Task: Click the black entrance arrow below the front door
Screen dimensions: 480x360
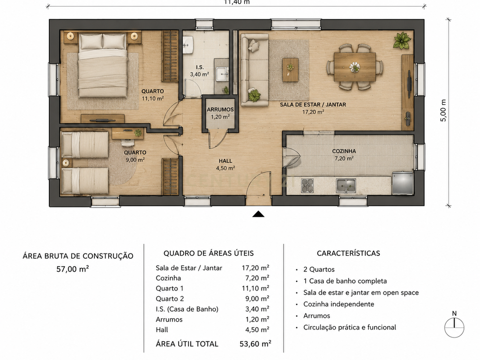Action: pos(258,214)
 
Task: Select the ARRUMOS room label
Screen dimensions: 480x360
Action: pos(220,110)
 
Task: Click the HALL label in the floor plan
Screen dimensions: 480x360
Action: pos(225,161)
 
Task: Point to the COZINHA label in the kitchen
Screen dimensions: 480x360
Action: pos(344,151)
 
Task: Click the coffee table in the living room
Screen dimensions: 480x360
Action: pos(290,70)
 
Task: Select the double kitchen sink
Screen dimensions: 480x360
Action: pos(345,186)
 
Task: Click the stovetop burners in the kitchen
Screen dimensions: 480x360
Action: pos(307,186)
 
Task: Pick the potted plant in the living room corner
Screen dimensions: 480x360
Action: pos(402,40)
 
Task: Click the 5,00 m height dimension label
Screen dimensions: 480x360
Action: pos(443,111)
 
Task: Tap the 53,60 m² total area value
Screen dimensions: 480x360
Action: pos(255,344)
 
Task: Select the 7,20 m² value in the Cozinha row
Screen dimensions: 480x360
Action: pos(255,278)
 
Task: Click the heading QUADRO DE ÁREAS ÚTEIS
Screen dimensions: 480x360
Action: pos(209,253)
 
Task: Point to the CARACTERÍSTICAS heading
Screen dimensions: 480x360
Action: pos(348,253)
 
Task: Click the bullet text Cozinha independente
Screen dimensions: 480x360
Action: pos(338,304)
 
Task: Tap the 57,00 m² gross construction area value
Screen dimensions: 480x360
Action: pos(73,269)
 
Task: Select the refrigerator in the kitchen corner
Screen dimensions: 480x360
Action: pos(403,183)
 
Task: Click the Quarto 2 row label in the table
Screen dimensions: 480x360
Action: pos(170,299)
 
